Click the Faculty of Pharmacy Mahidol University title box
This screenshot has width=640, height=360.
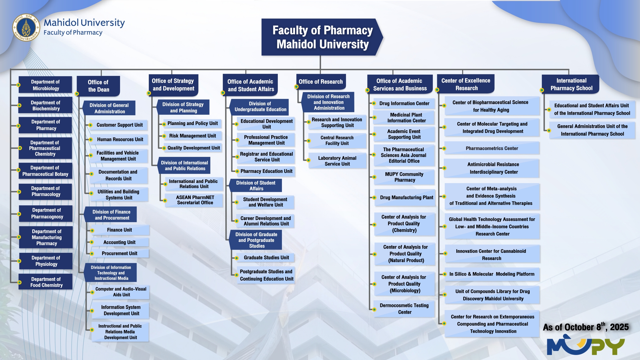click(322, 37)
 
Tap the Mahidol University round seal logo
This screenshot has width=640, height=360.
click(26, 27)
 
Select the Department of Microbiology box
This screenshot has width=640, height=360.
click(45, 85)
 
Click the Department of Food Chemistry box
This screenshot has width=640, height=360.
click(46, 282)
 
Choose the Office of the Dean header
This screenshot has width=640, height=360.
click(98, 86)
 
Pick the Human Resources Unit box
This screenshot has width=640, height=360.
click(119, 139)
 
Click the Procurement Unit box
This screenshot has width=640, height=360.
click(119, 253)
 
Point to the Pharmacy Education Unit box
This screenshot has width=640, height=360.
click(266, 171)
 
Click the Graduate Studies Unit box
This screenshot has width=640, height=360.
click(265, 258)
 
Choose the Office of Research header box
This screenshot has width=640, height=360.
click(321, 82)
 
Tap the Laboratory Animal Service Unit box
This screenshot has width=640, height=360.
click(337, 161)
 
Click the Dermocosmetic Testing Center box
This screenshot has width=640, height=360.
click(404, 309)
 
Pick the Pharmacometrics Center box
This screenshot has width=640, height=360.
click(492, 148)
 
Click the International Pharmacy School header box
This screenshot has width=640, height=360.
click(571, 84)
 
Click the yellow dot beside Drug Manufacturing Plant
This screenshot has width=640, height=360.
click(374, 197)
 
